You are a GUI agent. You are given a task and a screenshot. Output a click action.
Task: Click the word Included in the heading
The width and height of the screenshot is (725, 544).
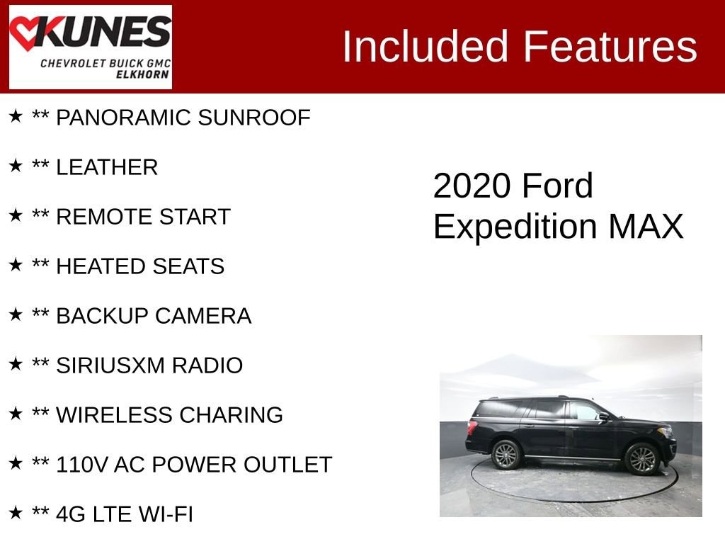click(x=426, y=47)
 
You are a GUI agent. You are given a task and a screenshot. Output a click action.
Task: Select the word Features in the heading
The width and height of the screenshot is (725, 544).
click(x=610, y=47)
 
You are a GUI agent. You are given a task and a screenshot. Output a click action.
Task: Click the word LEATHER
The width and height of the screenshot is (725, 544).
click(x=107, y=167)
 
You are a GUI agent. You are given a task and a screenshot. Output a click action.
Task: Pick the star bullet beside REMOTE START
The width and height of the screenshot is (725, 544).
click(x=16, y=215)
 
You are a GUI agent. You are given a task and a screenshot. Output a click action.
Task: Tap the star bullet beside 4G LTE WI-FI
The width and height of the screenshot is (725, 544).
click(x=16, y=513)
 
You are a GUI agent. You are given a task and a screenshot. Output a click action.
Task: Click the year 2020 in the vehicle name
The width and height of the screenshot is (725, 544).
click(x=472, y=186)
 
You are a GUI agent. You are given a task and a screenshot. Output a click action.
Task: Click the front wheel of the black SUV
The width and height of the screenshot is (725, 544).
click(x=642, y=458)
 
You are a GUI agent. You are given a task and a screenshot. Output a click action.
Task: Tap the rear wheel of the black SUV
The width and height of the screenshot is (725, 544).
click(x=507, y=455)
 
